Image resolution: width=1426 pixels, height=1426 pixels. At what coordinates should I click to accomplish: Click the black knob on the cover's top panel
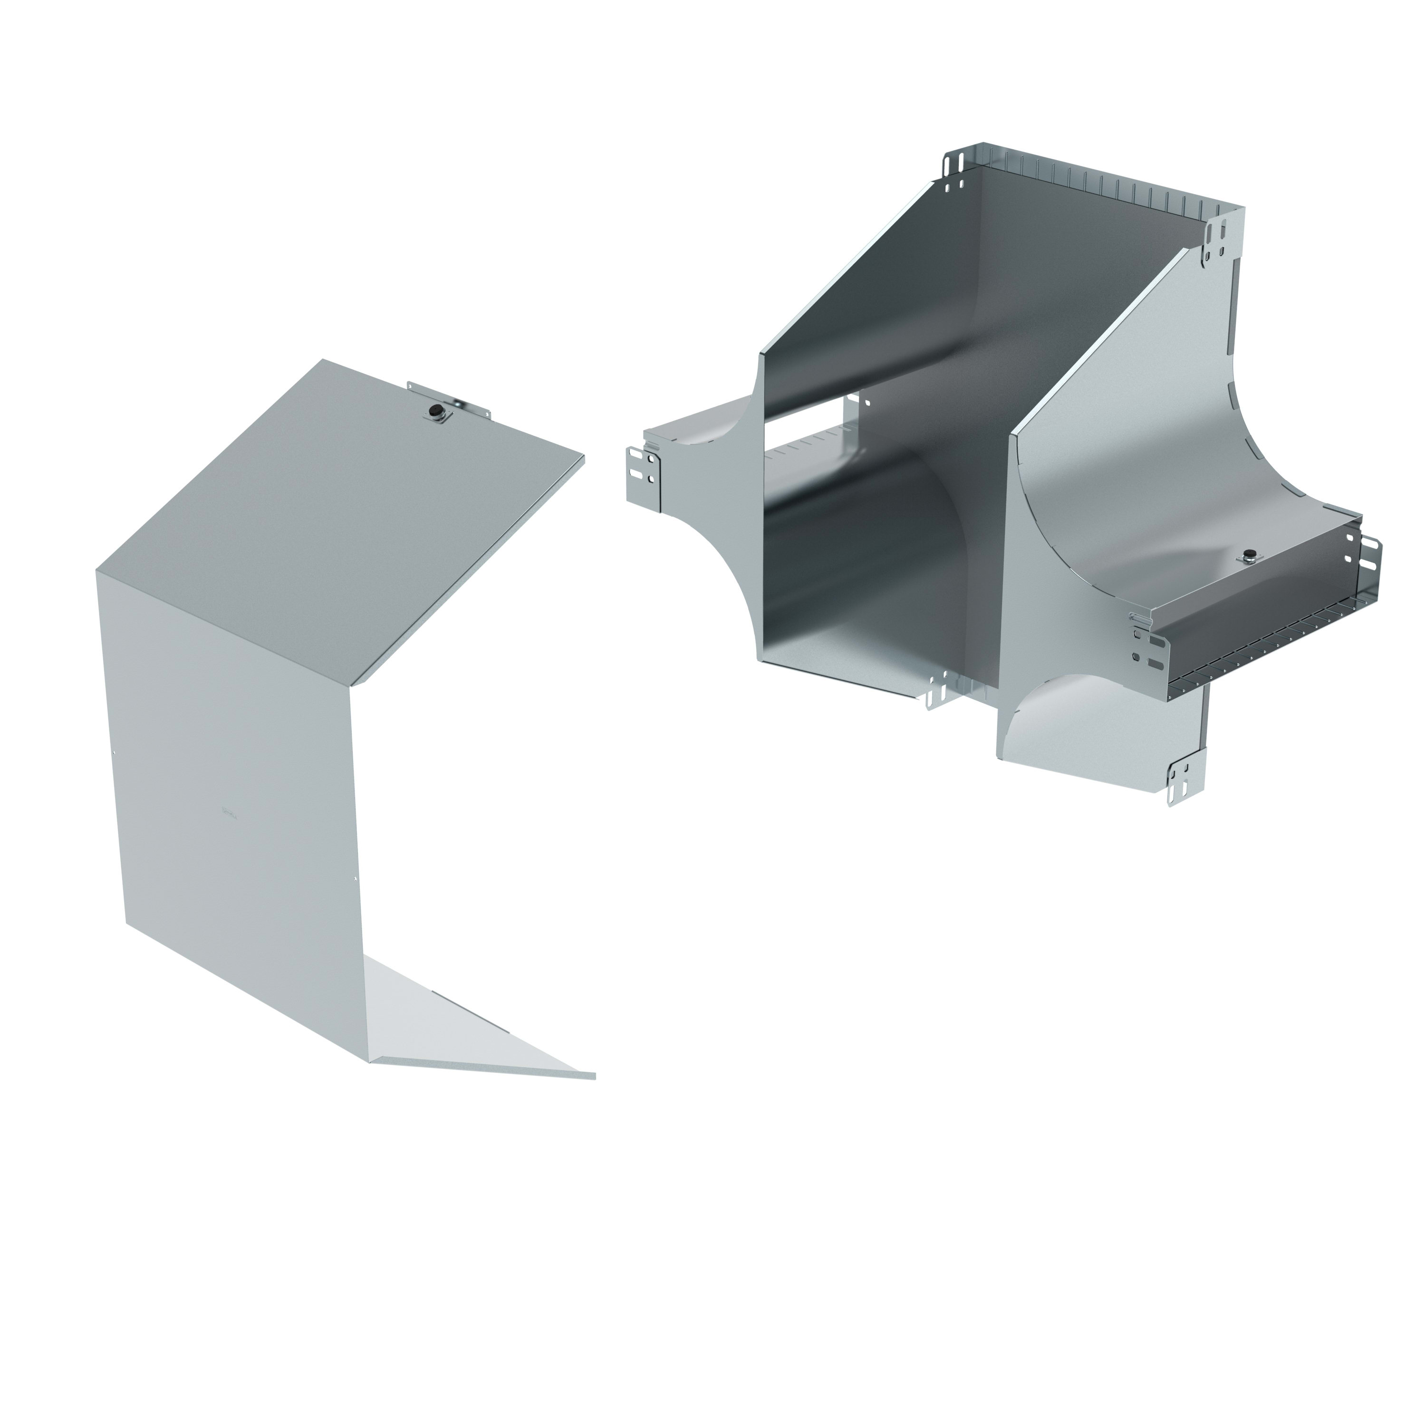(435, 410)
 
